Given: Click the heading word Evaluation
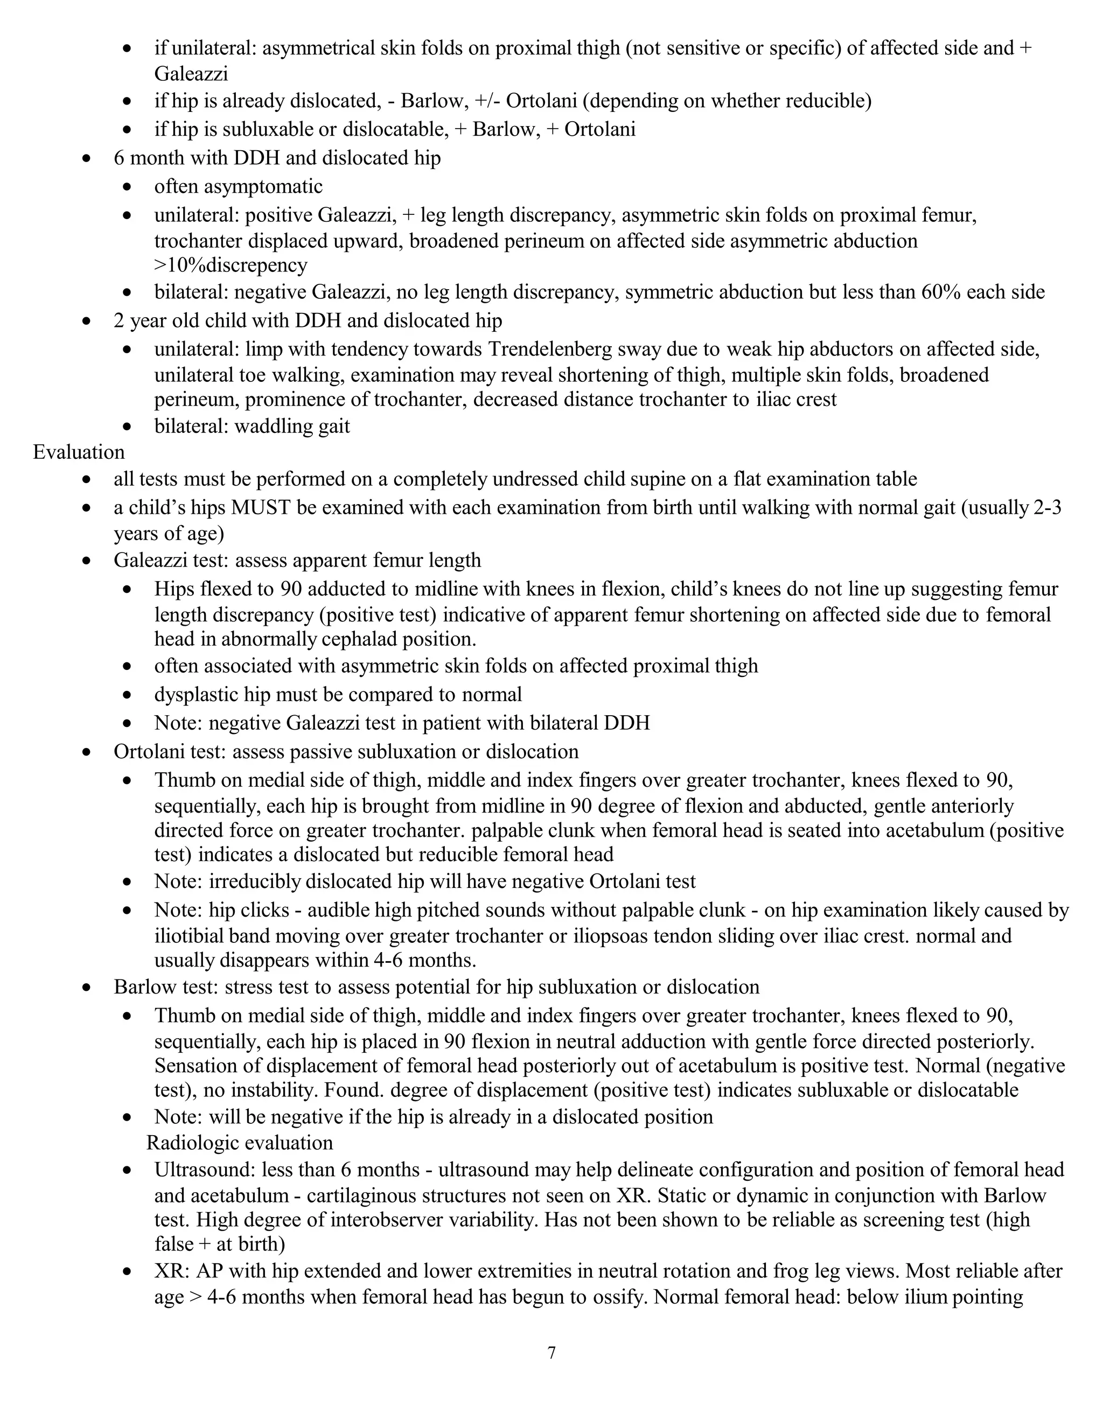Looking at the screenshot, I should click(x=79, y=452).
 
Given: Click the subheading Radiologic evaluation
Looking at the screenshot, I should click(x=239, y=1143).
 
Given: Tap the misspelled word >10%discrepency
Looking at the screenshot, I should click(x=231, y=265).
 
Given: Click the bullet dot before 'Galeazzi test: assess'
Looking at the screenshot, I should click(x=87, y=561).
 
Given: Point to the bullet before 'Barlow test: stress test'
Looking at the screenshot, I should click(x=87, y=987).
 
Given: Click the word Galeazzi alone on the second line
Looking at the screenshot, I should click(x=191, y=73).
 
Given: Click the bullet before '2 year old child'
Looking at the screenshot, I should click(x=87, y=321).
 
